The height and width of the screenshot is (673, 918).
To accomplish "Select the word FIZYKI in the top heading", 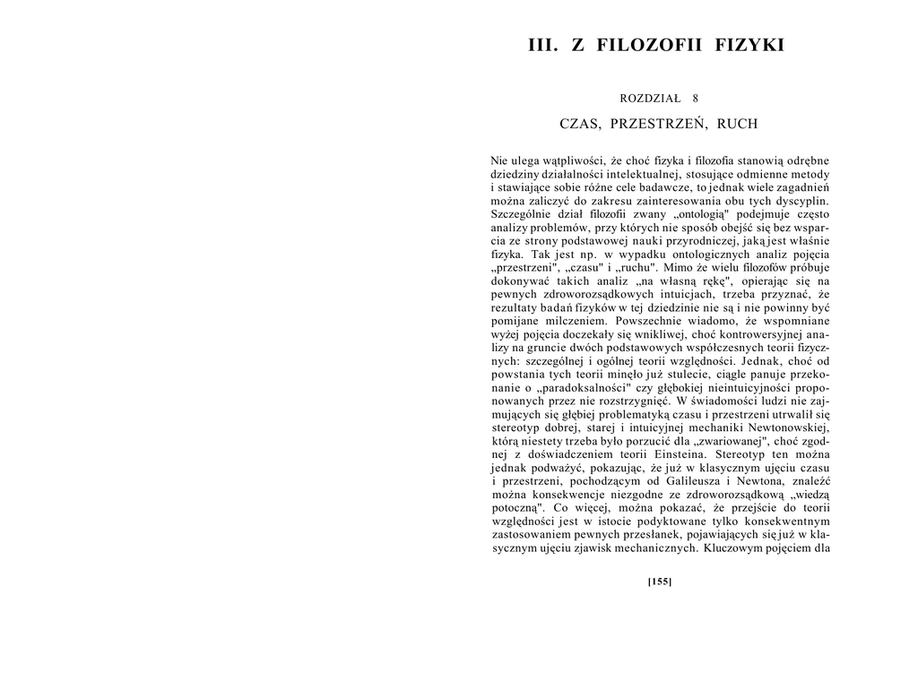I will tap(749, 45).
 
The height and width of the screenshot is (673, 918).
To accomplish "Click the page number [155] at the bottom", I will tap(660, 581).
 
